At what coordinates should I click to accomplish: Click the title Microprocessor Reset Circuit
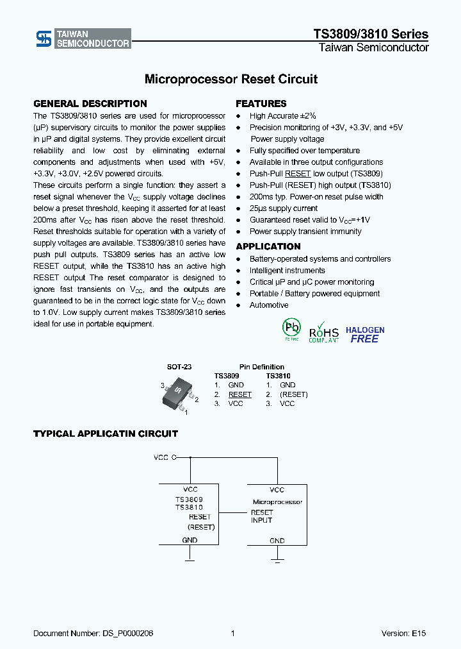[230, 80]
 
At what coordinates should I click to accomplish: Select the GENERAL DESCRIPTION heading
[90, 104]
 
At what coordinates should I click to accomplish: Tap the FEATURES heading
[261, 104]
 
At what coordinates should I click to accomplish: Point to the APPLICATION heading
[268, 247]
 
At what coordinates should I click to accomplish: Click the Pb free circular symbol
[291, 328]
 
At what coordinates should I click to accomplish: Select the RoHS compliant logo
[324, 332]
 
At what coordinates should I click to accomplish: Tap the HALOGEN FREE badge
[365, 335]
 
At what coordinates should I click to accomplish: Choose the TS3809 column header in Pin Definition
[227, 376]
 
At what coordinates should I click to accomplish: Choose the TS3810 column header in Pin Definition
[279, 376]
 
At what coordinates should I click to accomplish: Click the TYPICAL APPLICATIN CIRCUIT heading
[105, 434]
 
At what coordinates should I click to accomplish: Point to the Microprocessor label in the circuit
[277, 502]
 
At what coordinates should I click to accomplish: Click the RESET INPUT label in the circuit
[262, 516]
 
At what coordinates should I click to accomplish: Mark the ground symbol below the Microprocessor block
[277, 562]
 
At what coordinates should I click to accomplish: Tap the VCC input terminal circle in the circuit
[174, 458]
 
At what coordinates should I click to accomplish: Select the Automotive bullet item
[269, 305]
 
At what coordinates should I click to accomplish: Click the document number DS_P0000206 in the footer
[93, 634]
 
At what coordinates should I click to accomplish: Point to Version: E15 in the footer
[403, 634]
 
